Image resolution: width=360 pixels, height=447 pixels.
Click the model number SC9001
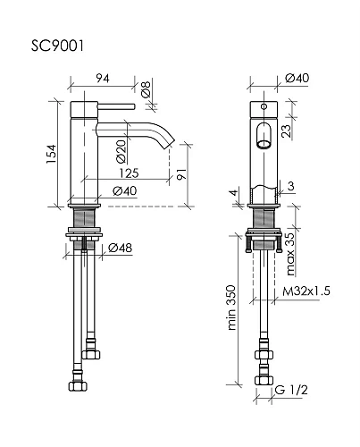pyautogui.click(x=57, y=46)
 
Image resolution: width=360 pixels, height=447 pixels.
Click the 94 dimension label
pyautogui.click(x=103, y=79)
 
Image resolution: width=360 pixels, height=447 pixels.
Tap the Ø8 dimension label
pyautogui.click(x=146, y=89)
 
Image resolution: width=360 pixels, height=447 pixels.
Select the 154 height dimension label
pyautogui.click(x=51, y=154)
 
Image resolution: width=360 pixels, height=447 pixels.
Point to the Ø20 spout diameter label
pyautogui.click(x=121, y=152)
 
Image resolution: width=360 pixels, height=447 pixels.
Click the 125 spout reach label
pyautogui.click(x=130, y=173)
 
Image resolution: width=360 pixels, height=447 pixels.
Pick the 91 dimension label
pyautogui.click(x=181, y=174)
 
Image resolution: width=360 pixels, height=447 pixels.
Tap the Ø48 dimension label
pyautogui.click(x=120, y=248)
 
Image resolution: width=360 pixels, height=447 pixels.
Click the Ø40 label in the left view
pyautogui.click(x=125, y=190)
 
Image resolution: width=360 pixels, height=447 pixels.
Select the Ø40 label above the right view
pyautogui.click(x=297, y=78)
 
